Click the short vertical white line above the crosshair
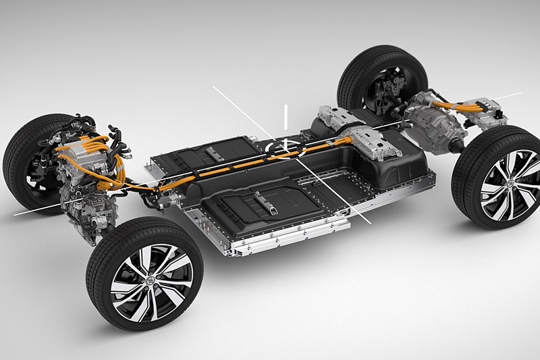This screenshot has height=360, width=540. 286,116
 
